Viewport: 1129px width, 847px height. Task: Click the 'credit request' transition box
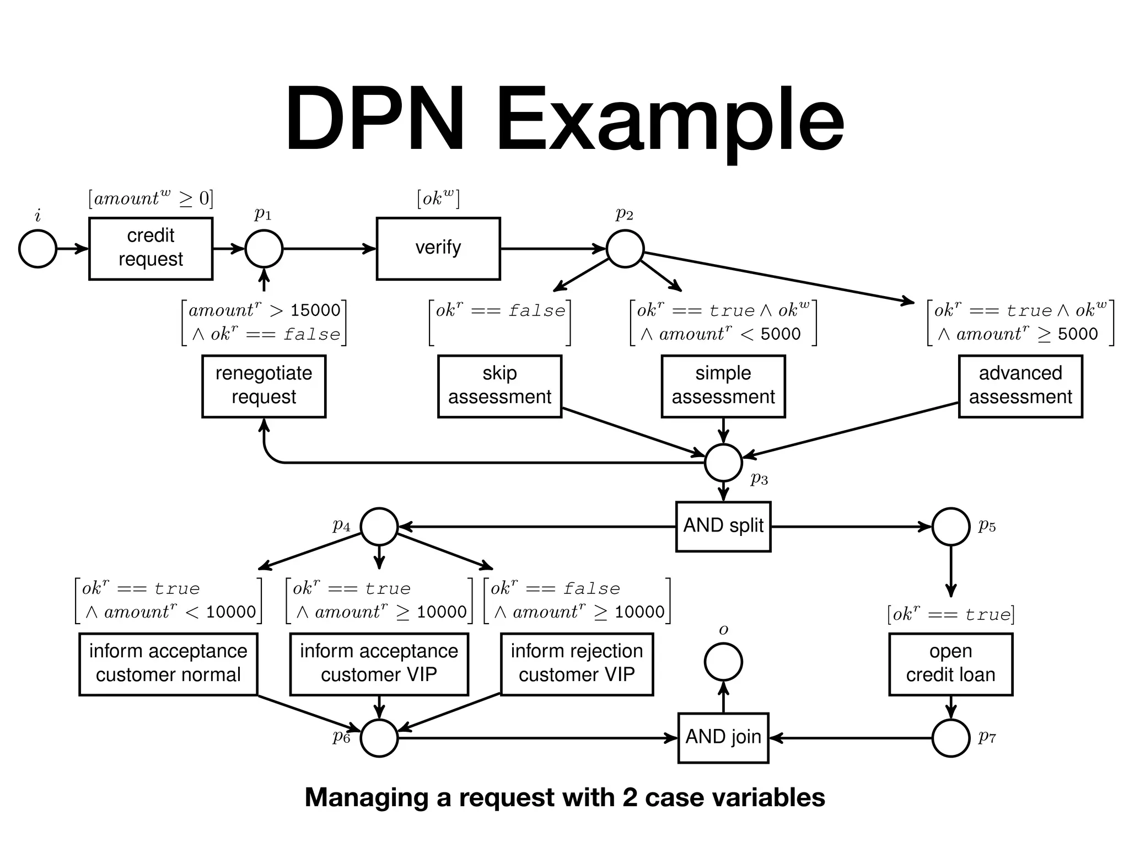(150, 248)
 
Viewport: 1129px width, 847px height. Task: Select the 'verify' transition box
(438, 248)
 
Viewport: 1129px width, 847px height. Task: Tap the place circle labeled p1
(264, 249)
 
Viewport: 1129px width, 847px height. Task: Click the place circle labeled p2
(625, 249)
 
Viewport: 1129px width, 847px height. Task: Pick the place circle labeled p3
(723, 462)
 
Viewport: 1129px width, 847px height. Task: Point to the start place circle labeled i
(37, 249)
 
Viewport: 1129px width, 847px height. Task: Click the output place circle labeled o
(723, 662)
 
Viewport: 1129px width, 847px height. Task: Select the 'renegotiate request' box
(264, 386)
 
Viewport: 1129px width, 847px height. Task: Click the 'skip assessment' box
(499, 386)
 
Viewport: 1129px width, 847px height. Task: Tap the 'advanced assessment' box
(1020, 386)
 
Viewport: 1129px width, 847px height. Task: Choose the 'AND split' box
(723, 526)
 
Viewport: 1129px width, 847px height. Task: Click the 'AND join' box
(723, 738)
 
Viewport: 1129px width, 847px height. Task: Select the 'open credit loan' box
(950, 664)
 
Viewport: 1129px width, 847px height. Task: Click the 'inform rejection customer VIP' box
(577, 664)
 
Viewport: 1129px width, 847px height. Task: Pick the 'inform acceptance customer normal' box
(168, 664)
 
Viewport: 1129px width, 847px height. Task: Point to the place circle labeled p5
(950, 526)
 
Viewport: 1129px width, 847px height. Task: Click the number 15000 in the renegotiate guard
(315, 310)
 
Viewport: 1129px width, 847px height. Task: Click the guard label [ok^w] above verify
(438, 199)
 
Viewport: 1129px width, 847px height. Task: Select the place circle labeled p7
(950, 738)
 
